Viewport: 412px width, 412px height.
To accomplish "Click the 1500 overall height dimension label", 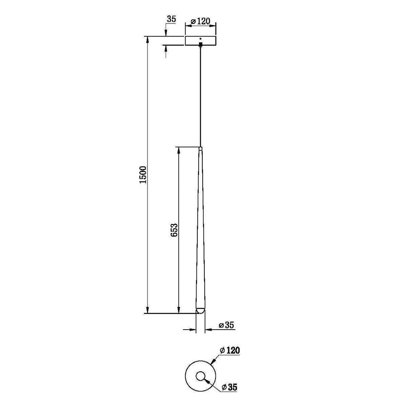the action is [143, 175].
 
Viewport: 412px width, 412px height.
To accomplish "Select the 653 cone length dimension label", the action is [174, 230].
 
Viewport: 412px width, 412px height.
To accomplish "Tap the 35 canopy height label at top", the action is [171, 19].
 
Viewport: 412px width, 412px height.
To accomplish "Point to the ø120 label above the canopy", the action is [201, 21].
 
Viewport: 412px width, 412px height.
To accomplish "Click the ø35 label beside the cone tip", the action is [226, 325].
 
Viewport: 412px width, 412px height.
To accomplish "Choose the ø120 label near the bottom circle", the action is [230, 350].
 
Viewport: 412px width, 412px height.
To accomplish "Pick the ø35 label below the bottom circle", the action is [229, 387].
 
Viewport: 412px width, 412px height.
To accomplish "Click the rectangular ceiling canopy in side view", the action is [201, 40].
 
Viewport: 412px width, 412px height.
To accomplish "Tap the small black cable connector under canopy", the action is [201, 44].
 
